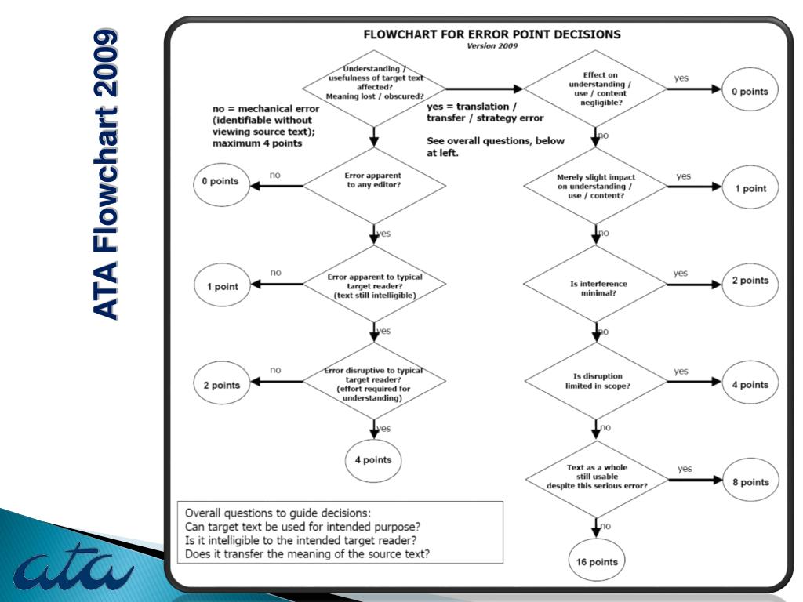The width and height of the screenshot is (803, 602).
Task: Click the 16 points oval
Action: click(x=598, y=562)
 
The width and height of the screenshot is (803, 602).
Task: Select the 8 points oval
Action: click(x=750, y=482)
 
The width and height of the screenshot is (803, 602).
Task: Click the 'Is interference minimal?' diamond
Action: click(x=598, y=287)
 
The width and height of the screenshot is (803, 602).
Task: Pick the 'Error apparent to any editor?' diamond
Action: click(x=374, y=180)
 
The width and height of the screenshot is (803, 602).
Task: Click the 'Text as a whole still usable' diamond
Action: click(x=597, y=477)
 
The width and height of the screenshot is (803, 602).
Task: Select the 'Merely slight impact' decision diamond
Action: click(x=598, y=187)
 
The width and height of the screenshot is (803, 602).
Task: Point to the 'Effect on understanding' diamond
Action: click(x=598, y=89)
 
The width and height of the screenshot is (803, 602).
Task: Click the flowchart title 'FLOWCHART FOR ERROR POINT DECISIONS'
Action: click(x=491, y=34)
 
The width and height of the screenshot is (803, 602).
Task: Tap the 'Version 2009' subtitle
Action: click(x=492, y=46)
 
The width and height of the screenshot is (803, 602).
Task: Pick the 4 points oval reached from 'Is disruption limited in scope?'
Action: click(x=750, y=384)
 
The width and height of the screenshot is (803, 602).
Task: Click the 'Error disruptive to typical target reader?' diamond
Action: click(x=374, y=384)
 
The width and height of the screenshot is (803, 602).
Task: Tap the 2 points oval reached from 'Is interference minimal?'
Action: click(x=750, y=280)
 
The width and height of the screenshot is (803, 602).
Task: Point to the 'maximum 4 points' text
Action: click(x=257, y=143)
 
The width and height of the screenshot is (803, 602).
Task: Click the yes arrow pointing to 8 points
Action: click(x=690, y=481)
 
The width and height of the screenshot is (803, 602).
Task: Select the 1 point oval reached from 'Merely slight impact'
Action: click(x=750, y=189)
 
